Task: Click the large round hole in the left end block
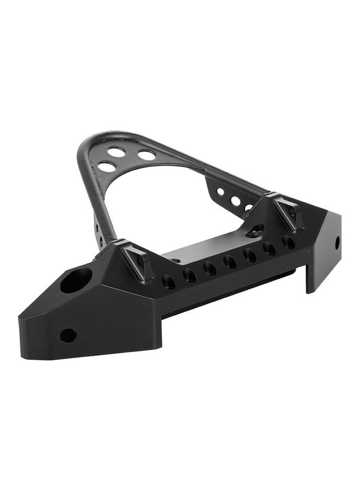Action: (x=76, y=280)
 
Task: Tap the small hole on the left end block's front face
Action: (x=68, y=335)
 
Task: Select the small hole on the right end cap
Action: (x=337, y=242)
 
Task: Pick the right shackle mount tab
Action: (x=287, y=213)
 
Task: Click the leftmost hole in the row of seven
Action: (x=169, y=282)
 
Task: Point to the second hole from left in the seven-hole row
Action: (x=189, y=275)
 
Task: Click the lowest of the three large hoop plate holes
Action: (x=107, y=166)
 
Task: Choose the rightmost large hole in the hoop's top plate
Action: (x=147, y=155)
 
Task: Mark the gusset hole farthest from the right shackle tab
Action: (x=220, y=192)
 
